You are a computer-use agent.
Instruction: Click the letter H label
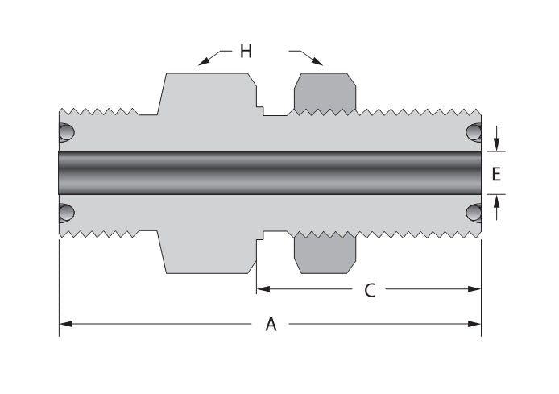point(246,52)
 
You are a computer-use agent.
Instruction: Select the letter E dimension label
point(496,173)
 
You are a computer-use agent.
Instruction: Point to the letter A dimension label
point(271,325)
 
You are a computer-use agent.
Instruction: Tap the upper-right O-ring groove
point(474,132)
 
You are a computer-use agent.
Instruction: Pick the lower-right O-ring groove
point(474,213)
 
